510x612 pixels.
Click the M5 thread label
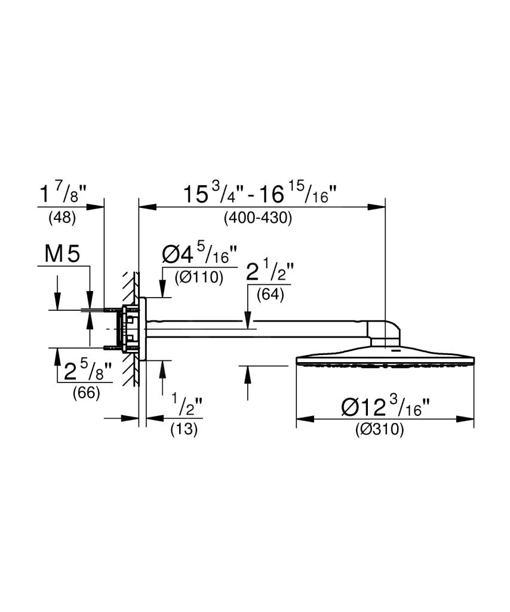(x=62, y=254)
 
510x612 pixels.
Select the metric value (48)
(x=62, y=218)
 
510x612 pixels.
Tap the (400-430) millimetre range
(x=258, y=218)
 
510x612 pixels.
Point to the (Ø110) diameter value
(x=199, y=277)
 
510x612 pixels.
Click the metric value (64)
(x=270, y=295)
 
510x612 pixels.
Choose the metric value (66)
(x=86, y=393)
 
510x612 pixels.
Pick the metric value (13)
(x=184, y=429)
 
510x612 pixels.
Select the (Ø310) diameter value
(x=379, y=430)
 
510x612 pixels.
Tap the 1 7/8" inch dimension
(x=63, y=193)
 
